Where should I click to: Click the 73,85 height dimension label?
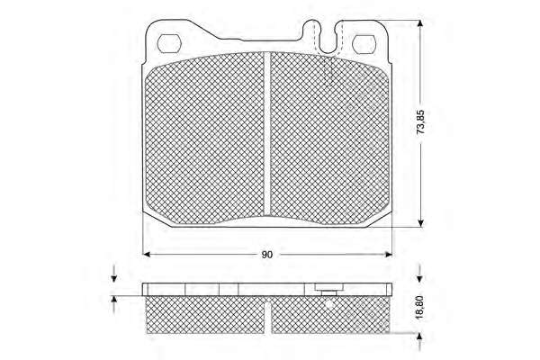pyautogui.click(x=420, y=122)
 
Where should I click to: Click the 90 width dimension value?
pyautogui.click(x=267, y=255)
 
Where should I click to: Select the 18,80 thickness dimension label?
pyautogui.click(x=419, y=307)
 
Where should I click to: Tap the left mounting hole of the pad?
pyautogui.click(x=169, y=43)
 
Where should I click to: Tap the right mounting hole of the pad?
pyautogui.click(x=364, y=44)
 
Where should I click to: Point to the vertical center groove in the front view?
pyautogui.click(x=267, y=132)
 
